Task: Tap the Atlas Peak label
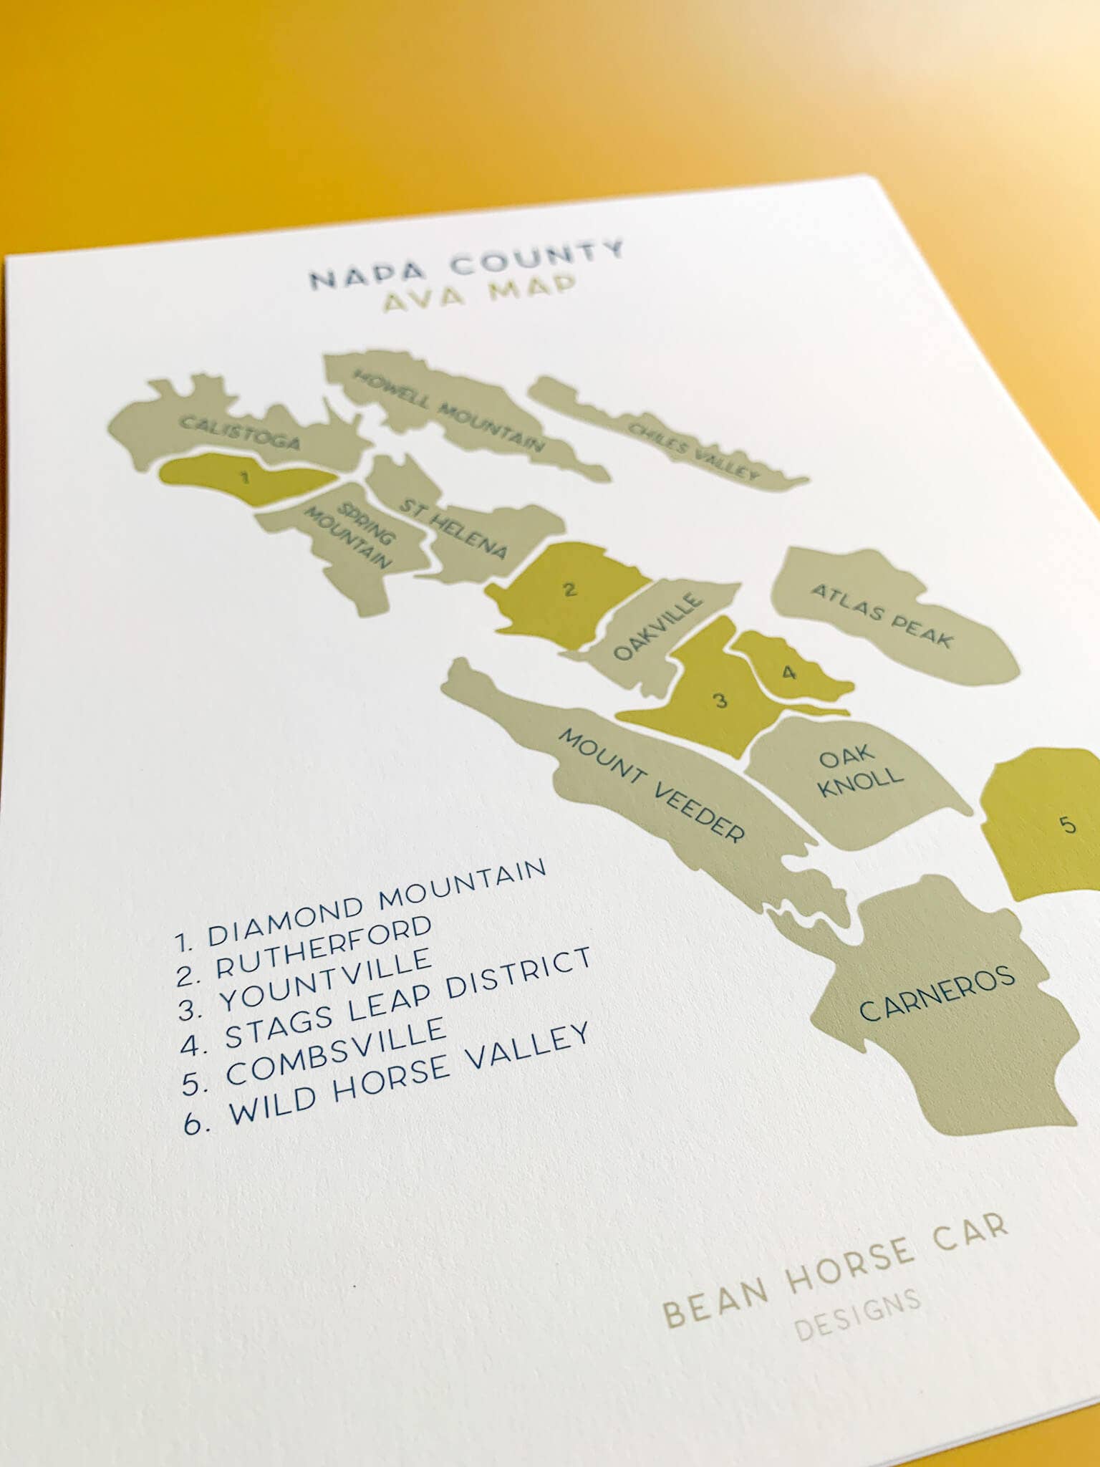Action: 882,615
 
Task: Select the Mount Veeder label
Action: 651,785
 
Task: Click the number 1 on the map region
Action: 244,477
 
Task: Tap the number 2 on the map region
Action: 569,590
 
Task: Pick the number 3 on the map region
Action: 721,700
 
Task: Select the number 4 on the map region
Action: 788,673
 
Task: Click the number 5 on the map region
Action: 1068,825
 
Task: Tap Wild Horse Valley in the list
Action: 408,1074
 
